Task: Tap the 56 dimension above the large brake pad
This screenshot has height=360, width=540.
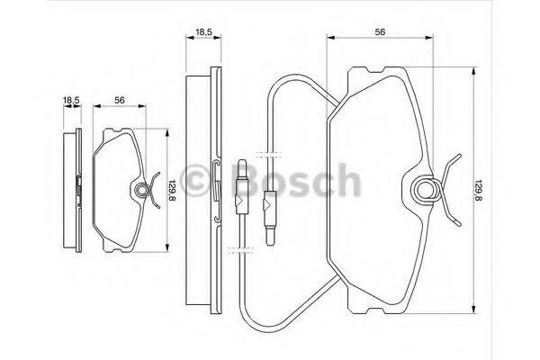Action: [x=381, y=31]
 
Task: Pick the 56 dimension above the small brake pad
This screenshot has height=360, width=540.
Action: [x=119, y=102]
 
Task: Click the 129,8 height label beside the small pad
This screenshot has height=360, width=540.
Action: [x=173, y=191]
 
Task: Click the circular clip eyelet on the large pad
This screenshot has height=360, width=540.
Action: [x=425, y=189]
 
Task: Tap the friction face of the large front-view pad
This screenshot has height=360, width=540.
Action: [x=369, y=189]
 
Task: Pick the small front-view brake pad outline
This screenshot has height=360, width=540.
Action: [x=114, y=190]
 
